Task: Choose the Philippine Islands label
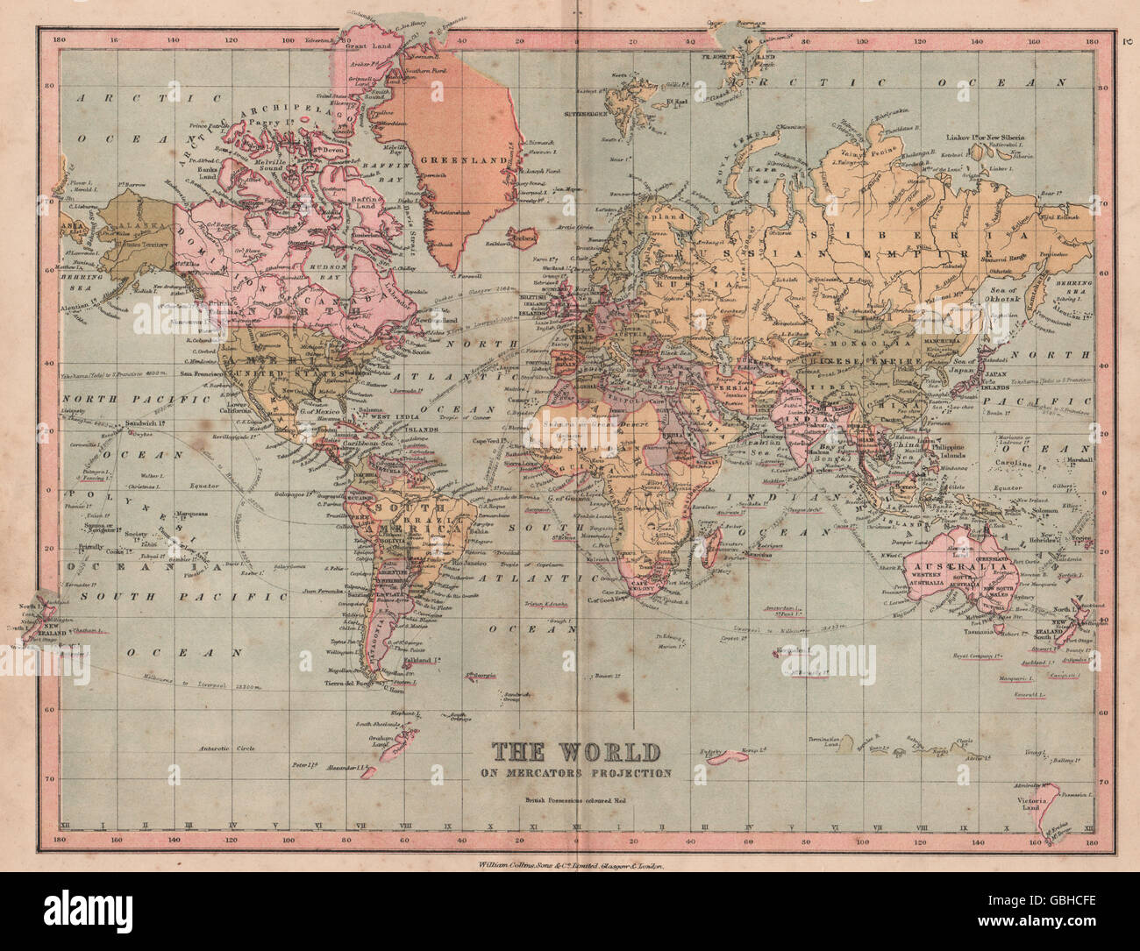click(x=965, y=451)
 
